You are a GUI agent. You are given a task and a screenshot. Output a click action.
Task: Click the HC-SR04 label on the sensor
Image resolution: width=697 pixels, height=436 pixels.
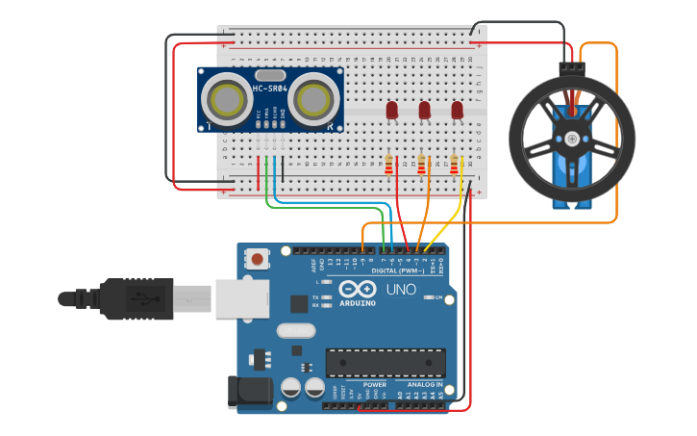[x=270, y=90]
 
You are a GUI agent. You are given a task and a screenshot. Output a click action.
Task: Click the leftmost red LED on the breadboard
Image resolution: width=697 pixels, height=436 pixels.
[x=392, y=111]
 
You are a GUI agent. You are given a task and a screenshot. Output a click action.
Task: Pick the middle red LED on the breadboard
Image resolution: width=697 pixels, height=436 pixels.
[x=424, y=111]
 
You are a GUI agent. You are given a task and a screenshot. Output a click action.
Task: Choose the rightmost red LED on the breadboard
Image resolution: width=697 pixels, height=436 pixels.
[x=457, y=111]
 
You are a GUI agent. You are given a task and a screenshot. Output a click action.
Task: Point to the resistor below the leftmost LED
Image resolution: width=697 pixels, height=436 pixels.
[x=388, y=167]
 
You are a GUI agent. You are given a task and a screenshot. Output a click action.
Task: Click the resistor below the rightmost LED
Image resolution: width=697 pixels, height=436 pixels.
[x=454, y=167]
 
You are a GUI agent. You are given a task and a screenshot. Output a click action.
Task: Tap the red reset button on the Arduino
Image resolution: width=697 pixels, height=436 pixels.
[x=258, y=258]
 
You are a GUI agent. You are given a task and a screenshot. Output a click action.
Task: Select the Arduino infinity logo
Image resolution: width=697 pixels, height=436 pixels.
[x=357, y=290]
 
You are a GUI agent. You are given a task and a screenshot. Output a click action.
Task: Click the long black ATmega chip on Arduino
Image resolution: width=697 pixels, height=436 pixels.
[x=385, y=363]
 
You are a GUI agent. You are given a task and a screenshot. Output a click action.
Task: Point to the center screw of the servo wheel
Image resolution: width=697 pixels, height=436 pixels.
[x=573, y=140]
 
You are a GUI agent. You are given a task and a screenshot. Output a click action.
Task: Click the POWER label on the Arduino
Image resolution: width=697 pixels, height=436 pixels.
[x=374, y=384]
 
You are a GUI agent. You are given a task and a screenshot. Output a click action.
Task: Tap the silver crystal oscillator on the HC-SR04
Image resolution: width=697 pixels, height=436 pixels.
[x=270, y=74]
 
